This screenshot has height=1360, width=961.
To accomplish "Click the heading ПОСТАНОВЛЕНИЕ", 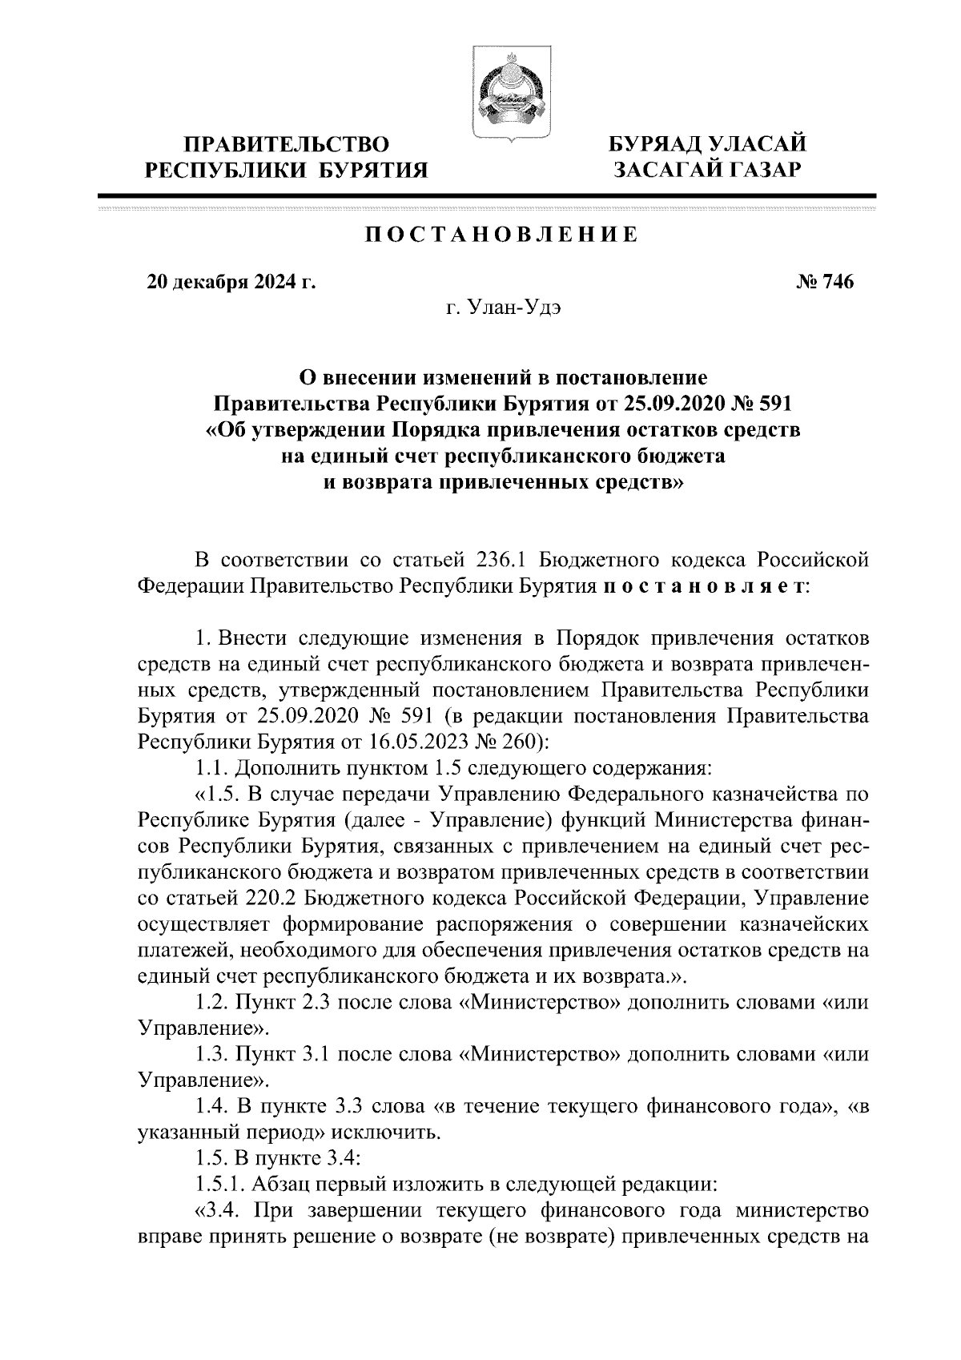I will pos(502,235).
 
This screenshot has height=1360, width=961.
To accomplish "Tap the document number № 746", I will pos(824,282).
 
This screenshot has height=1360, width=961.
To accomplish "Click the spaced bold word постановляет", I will pos(704,585).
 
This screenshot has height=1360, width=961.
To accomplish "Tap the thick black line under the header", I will pos(487,195).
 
